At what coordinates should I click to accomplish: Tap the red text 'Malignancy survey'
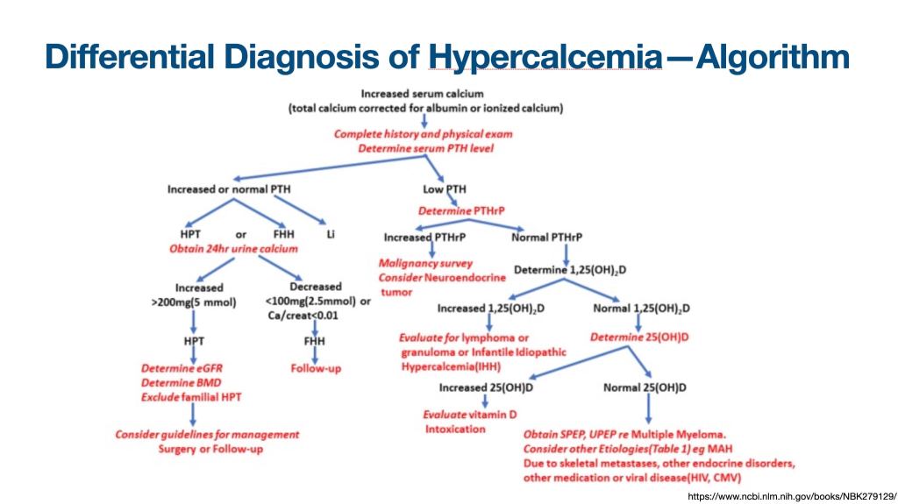pyautogui.click(x=425, y=262)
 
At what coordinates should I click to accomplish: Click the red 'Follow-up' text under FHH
pyautogui.click(x=316, y=368)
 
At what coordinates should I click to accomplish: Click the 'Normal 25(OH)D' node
pyautogui.click(x=645, y=387)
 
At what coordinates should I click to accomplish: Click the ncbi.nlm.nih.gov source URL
pyautogui.click(x=793, y=496)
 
